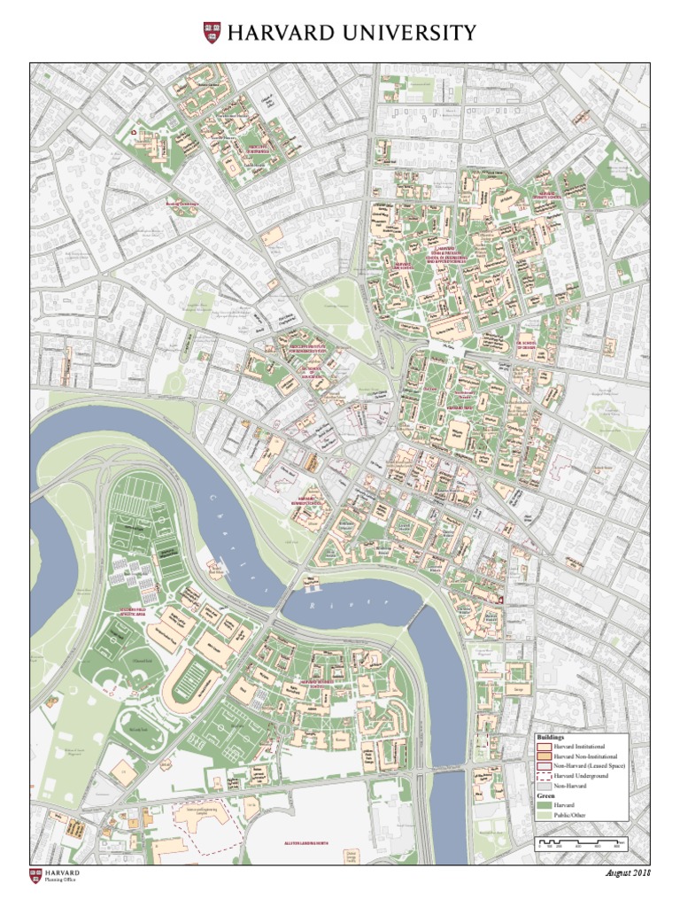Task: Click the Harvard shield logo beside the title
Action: (x=212, y=34)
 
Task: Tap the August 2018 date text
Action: (x=627, y=873)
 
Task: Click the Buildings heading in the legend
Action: (x=551, y=737)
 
